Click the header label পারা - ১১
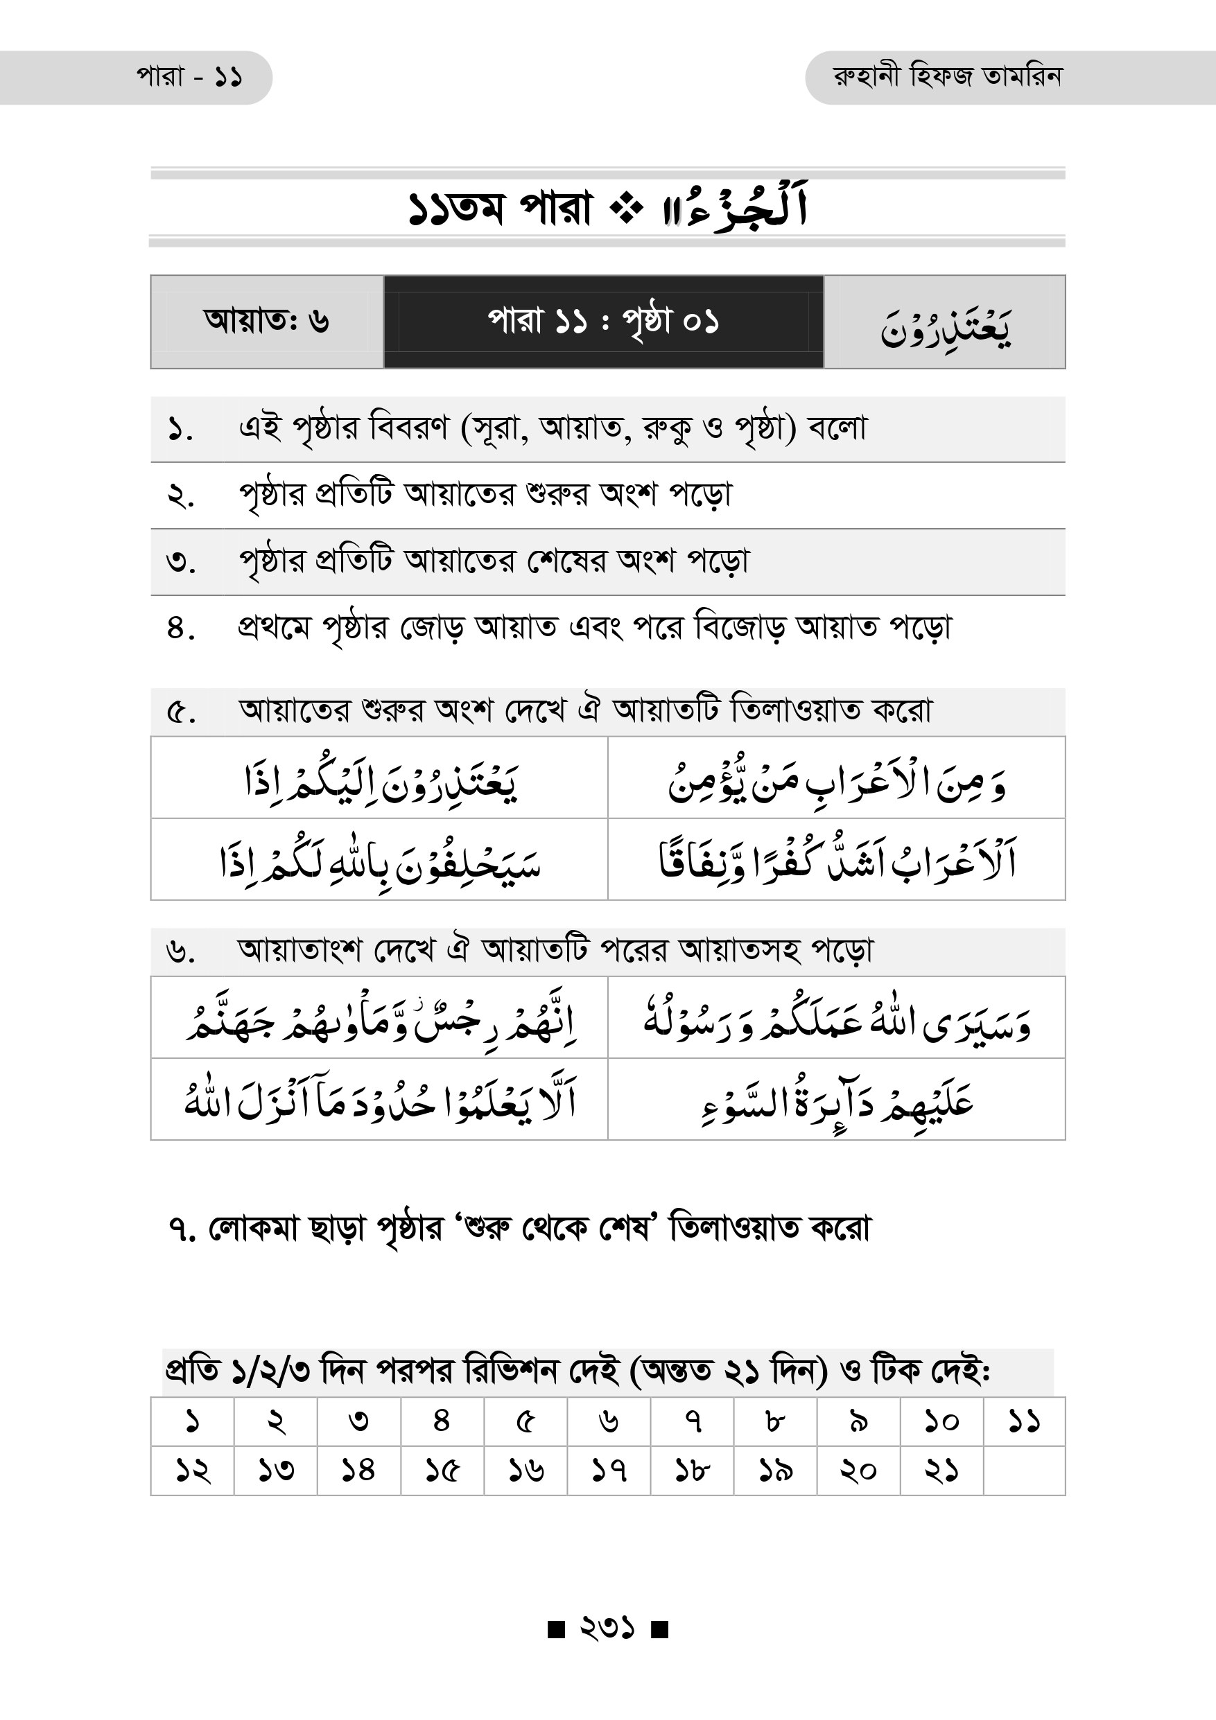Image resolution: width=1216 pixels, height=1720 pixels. pyautogui.click(x=189, y=77)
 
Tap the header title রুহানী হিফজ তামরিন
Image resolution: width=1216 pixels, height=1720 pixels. pyautogui.click(x=947, y=76)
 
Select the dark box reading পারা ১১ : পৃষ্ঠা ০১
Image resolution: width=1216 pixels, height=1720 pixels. pyautogui.click(x=603, y=322)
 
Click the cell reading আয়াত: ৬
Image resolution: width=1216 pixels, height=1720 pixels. pyautogui.click(x=267, y=322)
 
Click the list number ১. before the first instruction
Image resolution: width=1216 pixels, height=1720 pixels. pyautogui.click(x=180, y=430)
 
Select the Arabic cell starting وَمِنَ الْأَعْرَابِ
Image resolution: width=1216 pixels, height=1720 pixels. pyautogui.click(x=836, y=778)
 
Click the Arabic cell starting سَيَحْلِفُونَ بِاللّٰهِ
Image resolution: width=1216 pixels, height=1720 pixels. pyautogui.click(x=379, y=860)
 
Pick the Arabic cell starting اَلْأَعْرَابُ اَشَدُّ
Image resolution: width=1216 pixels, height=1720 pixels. pyautogui.click(x=836, y=860)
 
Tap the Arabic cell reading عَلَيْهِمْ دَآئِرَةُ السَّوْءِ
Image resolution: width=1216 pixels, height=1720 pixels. pyautogui.click(x=836, y=1100)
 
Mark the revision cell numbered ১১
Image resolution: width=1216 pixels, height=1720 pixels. pyautogui.click(x=1023, y=1421)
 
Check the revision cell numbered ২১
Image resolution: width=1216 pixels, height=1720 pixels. pyautogui.click(x=941, y=1471)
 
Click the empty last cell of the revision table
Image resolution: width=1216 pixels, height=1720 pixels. pyautogui.click(x=1023, y=1471)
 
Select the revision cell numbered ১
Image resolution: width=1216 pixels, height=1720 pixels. pyautogui.click(x=193, y=1421)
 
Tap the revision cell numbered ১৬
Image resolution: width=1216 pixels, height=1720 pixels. pyautogui.click(x=526, y=1471)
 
